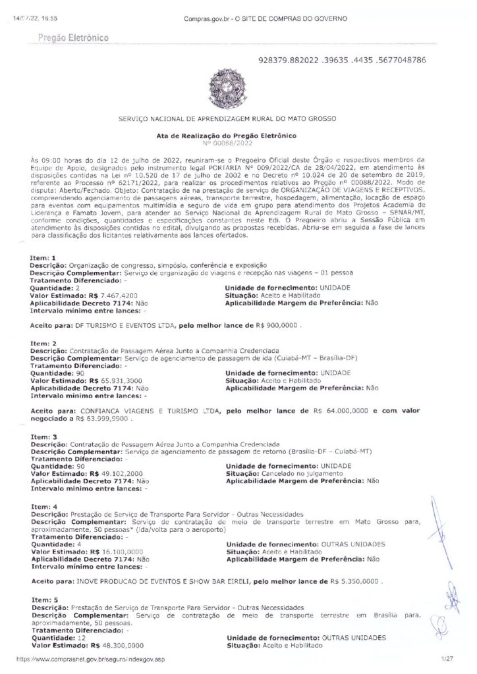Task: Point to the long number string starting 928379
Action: click(343, 60)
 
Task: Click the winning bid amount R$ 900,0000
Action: click(276, 326)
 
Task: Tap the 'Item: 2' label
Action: click(44, 343)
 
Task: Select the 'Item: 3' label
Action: click(44, 436)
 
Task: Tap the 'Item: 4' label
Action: click(44, 506)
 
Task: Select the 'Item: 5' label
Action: click(44, 600)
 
